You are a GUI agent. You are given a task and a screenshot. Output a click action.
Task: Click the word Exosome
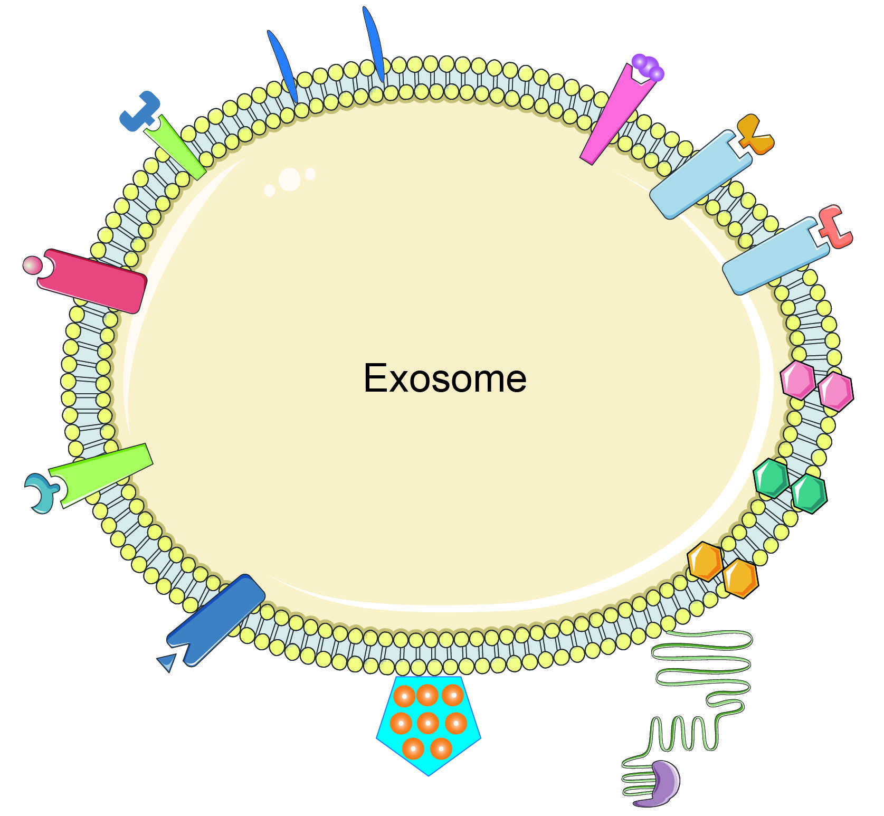444,378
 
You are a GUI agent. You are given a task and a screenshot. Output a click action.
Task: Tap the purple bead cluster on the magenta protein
649,67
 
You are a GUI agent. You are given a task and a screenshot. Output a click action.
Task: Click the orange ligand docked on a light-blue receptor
755,134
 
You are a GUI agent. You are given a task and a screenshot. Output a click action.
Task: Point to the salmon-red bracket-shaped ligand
837,227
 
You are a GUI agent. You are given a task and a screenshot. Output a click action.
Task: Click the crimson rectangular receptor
92,281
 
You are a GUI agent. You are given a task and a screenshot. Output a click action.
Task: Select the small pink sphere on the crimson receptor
32,264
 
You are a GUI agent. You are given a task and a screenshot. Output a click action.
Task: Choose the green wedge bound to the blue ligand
174,147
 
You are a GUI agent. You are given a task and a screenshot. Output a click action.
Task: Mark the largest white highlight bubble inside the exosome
289,179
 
